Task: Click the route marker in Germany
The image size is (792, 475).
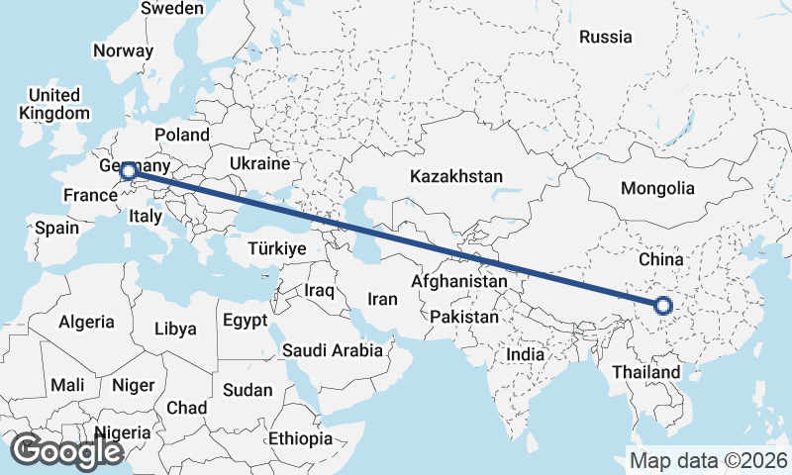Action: coord(128,172)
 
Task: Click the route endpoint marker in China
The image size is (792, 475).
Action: coord(664,306)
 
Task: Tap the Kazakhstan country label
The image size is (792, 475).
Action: coord(456,176)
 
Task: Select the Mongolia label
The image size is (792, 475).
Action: coord(657,188)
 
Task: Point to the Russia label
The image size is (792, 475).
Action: coord(605,37)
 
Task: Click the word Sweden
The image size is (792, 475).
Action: coord(172,8)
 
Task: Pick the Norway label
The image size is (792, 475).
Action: coord(123,50)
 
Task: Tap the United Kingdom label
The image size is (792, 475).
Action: coord(53,104)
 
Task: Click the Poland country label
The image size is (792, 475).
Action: coord(181,134)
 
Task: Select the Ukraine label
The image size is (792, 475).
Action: coord(259,162)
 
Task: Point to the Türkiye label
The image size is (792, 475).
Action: coord(277,248)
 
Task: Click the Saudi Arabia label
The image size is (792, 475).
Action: coord(333,350)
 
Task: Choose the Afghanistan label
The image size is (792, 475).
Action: coord(458,282)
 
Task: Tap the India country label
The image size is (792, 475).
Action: coord(526,354)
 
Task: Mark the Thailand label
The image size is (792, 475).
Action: coord(645,372)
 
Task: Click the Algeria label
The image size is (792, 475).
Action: coord(86,323)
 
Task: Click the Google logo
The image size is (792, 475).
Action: coord(66,451)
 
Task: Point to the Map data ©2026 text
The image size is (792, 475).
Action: coord(709,460)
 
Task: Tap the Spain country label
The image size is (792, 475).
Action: coord(56,228)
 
